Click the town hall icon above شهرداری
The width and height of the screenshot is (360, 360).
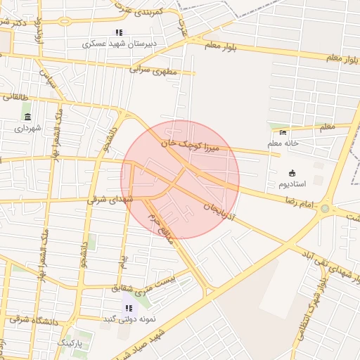click(27, 117)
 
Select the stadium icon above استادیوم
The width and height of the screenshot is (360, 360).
click(292, 172)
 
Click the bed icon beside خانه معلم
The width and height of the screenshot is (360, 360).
click(283, 132)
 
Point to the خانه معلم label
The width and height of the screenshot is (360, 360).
click(283, 143)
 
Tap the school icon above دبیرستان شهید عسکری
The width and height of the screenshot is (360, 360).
click(119, 32)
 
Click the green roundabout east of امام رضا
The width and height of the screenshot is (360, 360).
click(325, 208)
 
